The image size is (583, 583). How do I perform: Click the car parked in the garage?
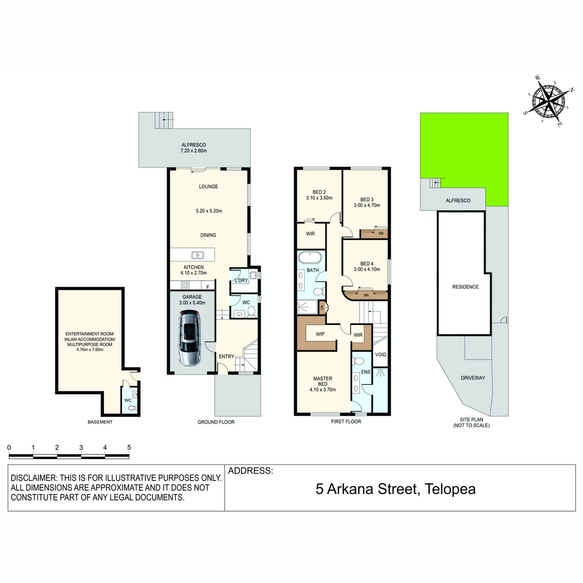189,338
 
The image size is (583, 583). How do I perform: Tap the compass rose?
549,101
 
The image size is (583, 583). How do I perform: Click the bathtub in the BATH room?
310,258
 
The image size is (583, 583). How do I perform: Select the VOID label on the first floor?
380,355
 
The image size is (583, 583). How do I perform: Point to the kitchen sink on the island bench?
198,255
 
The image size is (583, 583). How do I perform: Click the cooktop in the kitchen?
185,285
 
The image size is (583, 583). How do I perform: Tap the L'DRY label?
241,280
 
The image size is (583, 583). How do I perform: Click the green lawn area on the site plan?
472,151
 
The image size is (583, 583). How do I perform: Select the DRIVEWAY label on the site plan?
473,378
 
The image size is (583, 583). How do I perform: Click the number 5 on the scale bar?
129,447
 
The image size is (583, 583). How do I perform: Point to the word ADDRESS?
251,471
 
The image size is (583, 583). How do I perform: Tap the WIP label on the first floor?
320,334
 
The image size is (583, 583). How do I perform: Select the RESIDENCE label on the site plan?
465,287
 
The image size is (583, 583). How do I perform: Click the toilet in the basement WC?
133,408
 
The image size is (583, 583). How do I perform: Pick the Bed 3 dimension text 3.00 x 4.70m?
367,205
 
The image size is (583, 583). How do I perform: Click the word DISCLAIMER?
34,479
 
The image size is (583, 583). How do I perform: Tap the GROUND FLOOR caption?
216,422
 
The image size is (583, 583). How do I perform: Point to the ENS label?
365,372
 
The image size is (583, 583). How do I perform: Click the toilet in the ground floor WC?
251,311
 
